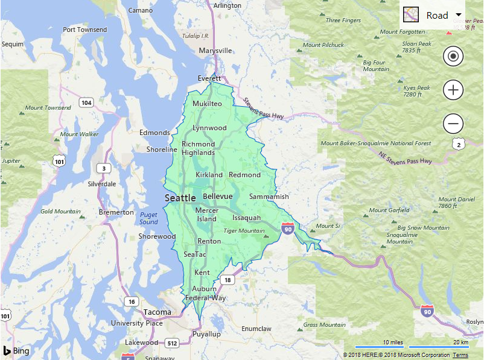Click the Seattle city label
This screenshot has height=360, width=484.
(180, 198)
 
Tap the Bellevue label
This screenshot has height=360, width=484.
(217, 197)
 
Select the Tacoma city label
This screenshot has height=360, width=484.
(157, 312)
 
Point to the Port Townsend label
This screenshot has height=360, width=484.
(84, 30)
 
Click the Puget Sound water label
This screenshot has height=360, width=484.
(148, 218)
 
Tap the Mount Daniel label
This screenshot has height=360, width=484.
(456, 203)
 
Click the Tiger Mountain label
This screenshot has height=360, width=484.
(244, 230)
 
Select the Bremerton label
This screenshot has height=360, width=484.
(116, 212)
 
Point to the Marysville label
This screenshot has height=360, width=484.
(215, 51)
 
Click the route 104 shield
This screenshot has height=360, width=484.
(86, 103)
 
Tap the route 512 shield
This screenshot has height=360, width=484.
(172, 343)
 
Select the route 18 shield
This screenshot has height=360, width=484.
(227, 280)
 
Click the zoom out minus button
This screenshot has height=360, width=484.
(453, 124)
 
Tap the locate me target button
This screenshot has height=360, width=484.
(453, 57)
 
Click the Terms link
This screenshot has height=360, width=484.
(460, 355)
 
